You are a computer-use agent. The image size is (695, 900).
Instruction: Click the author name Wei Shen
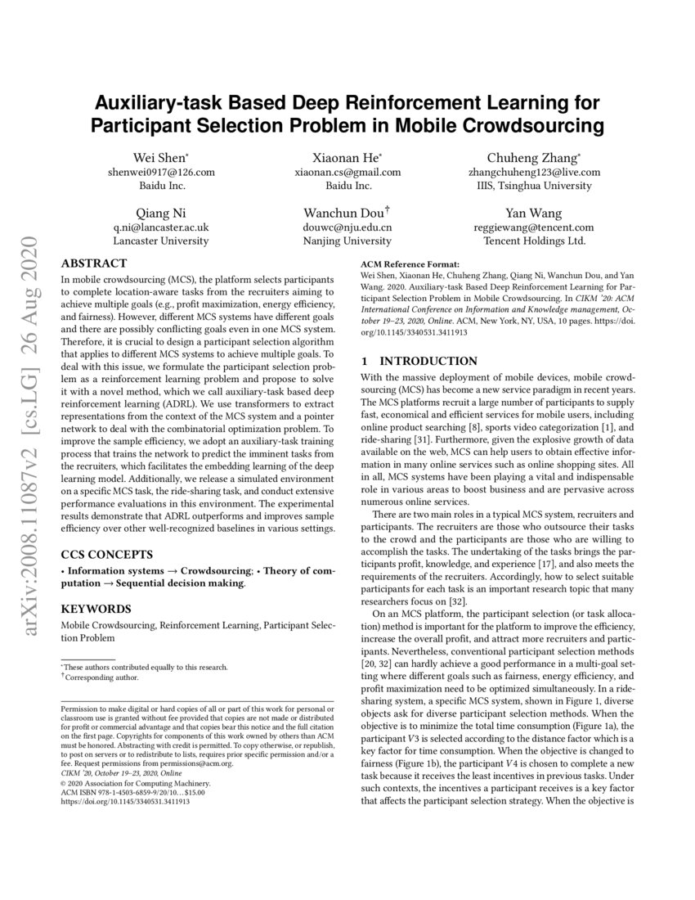(159, 157)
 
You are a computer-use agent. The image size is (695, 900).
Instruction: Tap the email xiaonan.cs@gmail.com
(347, 172)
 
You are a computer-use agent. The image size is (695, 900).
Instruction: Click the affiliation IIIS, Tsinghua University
(534, 186)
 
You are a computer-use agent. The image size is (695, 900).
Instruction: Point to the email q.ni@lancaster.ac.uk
(161, 227)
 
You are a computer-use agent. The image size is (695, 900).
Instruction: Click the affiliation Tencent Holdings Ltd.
(534, 241)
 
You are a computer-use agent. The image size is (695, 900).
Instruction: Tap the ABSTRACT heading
(94, 263)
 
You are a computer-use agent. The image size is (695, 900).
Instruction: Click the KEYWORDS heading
(96, 609)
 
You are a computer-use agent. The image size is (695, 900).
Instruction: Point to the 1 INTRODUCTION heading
(419, 361)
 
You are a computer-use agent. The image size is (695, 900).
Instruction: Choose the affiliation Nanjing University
(347, 241)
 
